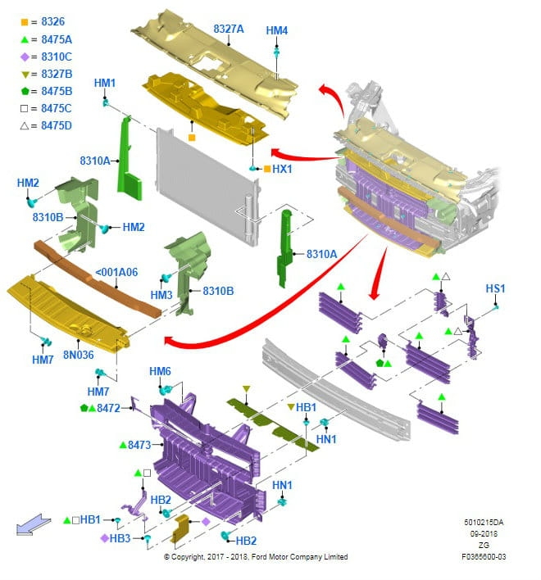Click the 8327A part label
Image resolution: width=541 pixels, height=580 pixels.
pos(229,29)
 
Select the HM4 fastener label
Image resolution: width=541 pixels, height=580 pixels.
pos(277,31)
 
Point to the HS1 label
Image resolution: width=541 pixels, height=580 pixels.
pos(495,288)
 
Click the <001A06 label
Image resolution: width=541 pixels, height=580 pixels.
pos(116,273)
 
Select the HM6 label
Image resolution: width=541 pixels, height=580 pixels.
pos(160,372)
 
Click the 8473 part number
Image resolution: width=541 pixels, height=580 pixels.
pos(140,445)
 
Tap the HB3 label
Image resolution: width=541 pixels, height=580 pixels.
pos(120,538)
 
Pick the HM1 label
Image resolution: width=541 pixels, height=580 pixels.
pos(105,83)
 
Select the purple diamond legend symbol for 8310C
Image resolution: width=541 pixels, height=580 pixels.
pos(25,57)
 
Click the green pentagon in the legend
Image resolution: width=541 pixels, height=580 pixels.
pos(25,91)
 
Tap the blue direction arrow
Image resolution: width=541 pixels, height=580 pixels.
pos(27,524)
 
